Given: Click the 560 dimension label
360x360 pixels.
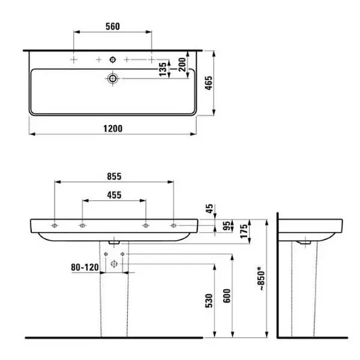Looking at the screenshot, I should pos(113,26).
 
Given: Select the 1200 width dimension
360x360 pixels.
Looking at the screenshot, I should pos(113,128).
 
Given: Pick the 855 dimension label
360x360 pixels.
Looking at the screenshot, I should pos(114,176).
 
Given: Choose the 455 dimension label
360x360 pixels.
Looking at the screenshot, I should pos(113,194).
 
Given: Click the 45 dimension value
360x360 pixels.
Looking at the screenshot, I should pos(208,209).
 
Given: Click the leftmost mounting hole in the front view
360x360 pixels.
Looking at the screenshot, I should pos(55,226).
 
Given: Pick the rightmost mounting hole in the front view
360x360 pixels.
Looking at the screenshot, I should pos(173,226).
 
